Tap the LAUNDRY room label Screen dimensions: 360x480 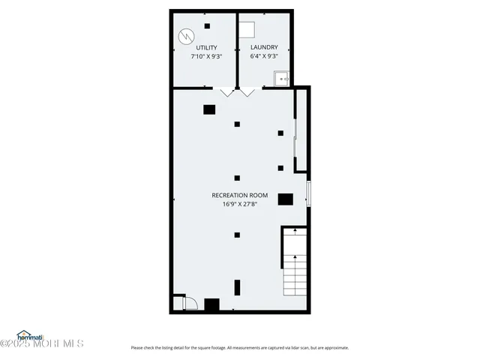pyautogui.click(x=264, y=47)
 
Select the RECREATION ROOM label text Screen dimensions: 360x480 pyautogui.click(x=239, y=195)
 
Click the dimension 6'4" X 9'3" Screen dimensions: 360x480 pyautogui.click(x=264, y=56)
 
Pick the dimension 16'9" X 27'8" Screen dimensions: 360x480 pyautogui.click(x=239, y=204)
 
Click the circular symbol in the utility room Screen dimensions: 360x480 pyautogui.click(x=185, y=35)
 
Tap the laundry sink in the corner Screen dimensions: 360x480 pyautogui.click(x=283, y=77)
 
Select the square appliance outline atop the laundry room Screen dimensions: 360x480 pyautogui.click(x=247, y=28)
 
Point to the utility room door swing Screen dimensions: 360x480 pyautogui.click(x=227, y=92)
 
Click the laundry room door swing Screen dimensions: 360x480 pyautogui.click(x=247, y=92)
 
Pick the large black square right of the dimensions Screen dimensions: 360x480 pyautogui.click(x=285, y=199)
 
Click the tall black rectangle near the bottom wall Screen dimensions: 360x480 pyautogui.click(x=238, y=287)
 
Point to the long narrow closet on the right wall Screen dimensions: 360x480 pyautogui.click(x=300, y=131)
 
